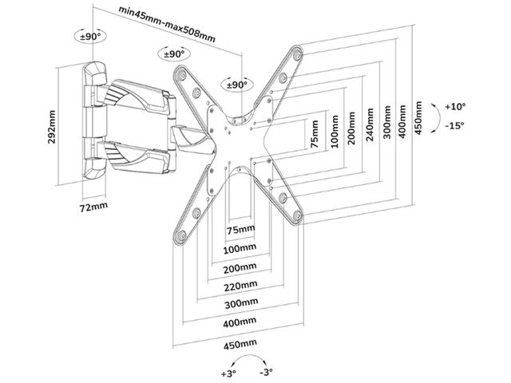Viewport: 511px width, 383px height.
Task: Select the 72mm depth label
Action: (94, 207)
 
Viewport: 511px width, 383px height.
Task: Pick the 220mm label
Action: (241, 286)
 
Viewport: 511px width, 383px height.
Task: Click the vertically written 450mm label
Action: (418, 117)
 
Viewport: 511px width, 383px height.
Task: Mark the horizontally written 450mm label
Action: (241, 345)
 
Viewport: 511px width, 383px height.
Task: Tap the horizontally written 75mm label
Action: (241, 230)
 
